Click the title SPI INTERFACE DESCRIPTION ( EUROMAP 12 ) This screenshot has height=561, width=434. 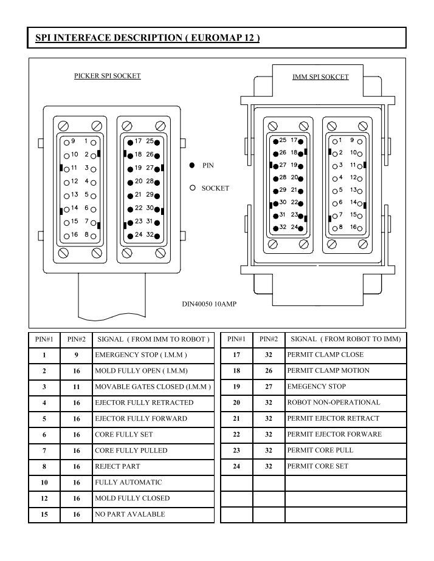147,38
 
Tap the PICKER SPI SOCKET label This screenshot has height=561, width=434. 108,76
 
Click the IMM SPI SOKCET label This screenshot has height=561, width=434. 320,77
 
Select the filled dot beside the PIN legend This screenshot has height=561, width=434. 192,165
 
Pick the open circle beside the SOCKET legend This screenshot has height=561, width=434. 193,188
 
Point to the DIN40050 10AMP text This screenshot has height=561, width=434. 209,304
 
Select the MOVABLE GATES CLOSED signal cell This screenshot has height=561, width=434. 153,387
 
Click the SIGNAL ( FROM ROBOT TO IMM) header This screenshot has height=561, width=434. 346,339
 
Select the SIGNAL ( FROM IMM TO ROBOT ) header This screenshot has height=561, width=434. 154,339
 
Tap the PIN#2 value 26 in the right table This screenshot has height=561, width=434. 269,370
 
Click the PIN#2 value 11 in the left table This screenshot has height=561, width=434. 76,387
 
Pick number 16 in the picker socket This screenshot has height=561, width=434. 75,234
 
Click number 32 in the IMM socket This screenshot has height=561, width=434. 283,226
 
